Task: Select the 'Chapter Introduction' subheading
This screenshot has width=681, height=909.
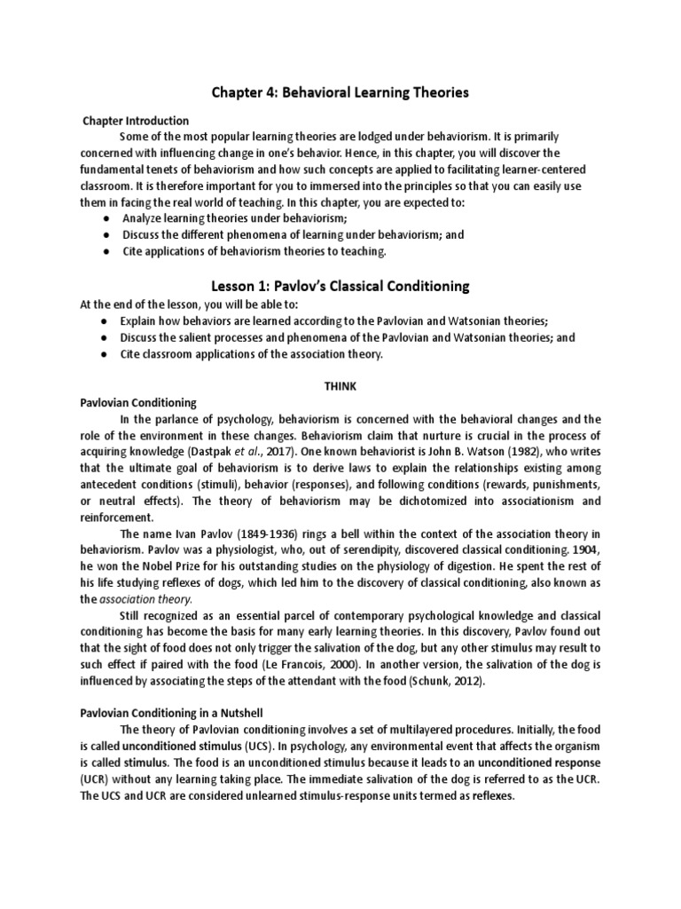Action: coord(136,121)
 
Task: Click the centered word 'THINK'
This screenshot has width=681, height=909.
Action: coord(341,386)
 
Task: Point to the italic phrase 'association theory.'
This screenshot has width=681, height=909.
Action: coord(145,599)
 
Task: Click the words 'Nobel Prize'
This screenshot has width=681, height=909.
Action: coord(178,566)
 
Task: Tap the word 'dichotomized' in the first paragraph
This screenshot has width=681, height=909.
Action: coord(422,501)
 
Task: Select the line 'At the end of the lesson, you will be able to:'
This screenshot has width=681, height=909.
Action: coord(201,304)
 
